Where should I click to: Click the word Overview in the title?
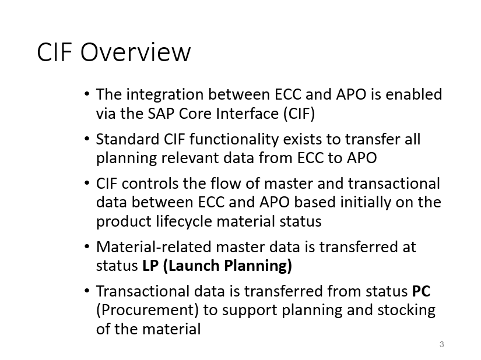(x=135, y=52)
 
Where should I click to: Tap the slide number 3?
(x=441, y=344)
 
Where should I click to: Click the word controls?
(x=150, y=183)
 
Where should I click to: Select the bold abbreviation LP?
(x=150, y=266)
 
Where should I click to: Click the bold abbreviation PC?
(x=421, y=291)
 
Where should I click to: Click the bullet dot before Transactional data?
(x=86, y=291)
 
